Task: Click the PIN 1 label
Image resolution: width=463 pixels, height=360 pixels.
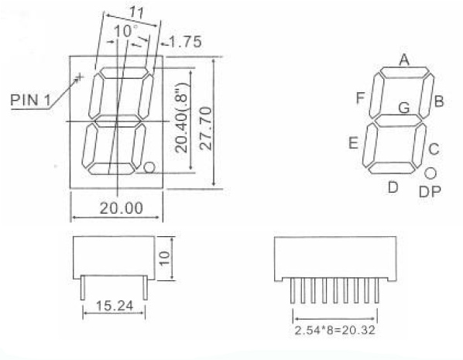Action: coord(30,100)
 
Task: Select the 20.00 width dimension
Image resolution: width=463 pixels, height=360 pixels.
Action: coord(122,208)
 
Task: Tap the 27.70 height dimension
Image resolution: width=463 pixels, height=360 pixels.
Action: coord(206,129)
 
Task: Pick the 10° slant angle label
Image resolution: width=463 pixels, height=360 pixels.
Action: coord(125,31)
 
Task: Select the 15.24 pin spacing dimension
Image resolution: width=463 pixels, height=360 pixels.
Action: coord(115,306)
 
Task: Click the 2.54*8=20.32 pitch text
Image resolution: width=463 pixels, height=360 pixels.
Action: coord(334,330)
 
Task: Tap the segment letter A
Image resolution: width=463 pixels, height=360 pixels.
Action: coord(404,60)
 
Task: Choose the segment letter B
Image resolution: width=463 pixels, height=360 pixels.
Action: coord(439,101)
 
